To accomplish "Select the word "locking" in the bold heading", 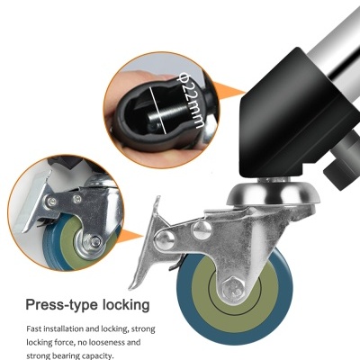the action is (x=126, y=305).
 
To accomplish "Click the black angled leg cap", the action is (x=300, y=117).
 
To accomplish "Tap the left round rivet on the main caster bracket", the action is (x=165, y=240).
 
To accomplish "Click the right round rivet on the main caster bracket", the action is (x=202, y=230).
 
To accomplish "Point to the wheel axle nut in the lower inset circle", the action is (x=95, y=241).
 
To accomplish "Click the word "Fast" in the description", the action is (x=33, y=328).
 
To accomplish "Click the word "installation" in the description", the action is (x=63, y=328).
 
